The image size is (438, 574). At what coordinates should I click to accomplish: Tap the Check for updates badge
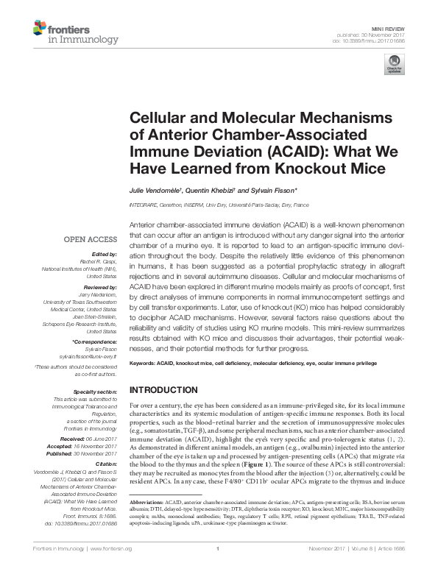[395, 68]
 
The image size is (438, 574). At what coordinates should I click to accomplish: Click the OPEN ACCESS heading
[90, 239]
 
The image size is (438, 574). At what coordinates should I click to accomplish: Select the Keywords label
[144, 364]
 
